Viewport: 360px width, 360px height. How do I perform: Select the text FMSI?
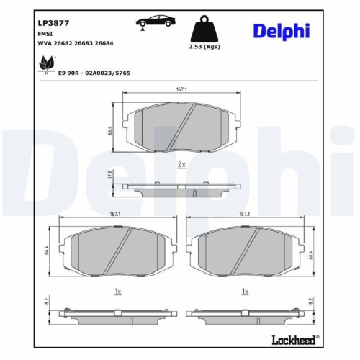point(44,33)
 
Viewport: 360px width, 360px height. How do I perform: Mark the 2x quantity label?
point(181,165)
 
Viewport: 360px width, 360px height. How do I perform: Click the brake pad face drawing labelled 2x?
point(181,128)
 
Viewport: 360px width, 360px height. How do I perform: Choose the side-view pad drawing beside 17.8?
point(181,189)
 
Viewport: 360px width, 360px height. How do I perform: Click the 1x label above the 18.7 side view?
point(117,291)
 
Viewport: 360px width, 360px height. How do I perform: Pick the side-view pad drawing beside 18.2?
point(245,315)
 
